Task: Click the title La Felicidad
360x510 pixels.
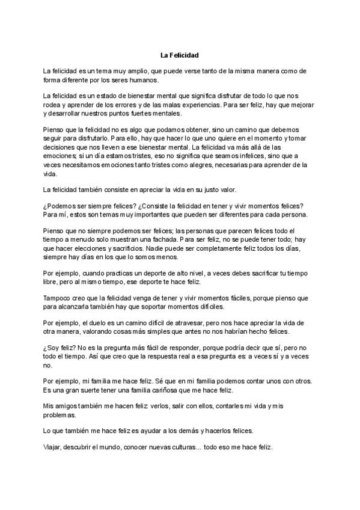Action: [180, 55]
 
